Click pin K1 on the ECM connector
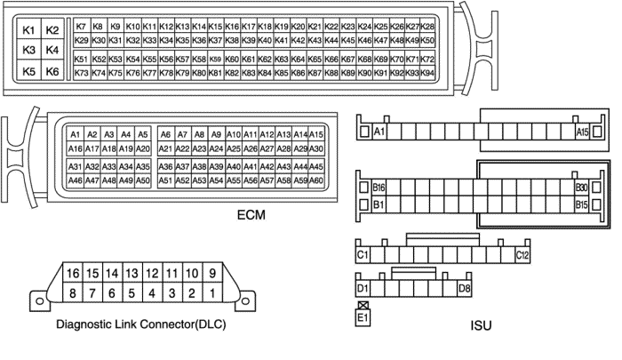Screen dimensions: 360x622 pyautogui.click(x=28, y=32)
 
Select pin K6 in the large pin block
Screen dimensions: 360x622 pyautogui.click(x=52, y=71)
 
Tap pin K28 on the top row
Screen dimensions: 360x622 pyautogui.click(x=427, y=27)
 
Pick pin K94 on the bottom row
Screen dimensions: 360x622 pyautogui.click(x=427, y=73)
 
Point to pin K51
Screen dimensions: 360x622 pyautogui.click(x=82, y=60)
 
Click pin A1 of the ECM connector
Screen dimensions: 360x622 pyautogui.click(x=76, y=134)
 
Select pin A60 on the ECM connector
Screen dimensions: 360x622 pyautogui.click(x=315, y=180)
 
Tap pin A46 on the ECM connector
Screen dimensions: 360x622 pyautogui.click(x=76, y=180)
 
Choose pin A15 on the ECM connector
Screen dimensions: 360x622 pyautogui.click(x=315, y=134)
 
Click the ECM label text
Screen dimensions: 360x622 pyautogui.click(x=252, y=215)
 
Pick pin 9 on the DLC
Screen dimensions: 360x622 pyautogui.click(x=212, y=272)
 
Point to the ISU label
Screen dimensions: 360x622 pyautogui.click(x=481, y=325)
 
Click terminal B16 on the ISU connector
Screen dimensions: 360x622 pyautogui.click(x=379, y=188)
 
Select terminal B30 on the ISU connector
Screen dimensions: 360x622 pyautogui.click(x=582, y=188)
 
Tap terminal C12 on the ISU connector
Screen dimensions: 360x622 pyautogui.click(x=522, y=256)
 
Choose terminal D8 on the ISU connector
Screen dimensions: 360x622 pyautogui.click(x=463, y=289)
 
